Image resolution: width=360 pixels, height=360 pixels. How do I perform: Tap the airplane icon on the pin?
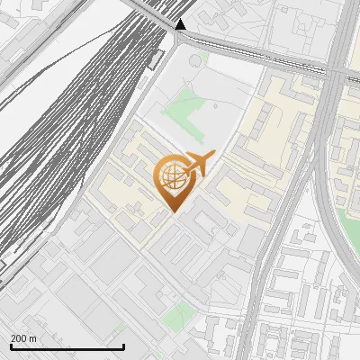coord(198,165)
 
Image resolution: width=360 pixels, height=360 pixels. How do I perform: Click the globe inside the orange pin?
coord(172,176)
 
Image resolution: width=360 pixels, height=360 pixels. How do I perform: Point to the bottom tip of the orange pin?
coord(172,211)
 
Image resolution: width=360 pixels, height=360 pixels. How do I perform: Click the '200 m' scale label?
coord(23,338)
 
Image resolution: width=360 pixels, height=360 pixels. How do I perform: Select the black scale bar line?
coord(67,346)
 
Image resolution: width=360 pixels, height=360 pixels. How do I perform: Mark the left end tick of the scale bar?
coord(11,346)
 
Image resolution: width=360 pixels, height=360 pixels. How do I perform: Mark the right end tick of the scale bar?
coord(123,346)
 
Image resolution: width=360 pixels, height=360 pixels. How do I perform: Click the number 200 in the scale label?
coord(18,338)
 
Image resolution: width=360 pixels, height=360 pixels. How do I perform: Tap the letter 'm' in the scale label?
coord(33,338)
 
